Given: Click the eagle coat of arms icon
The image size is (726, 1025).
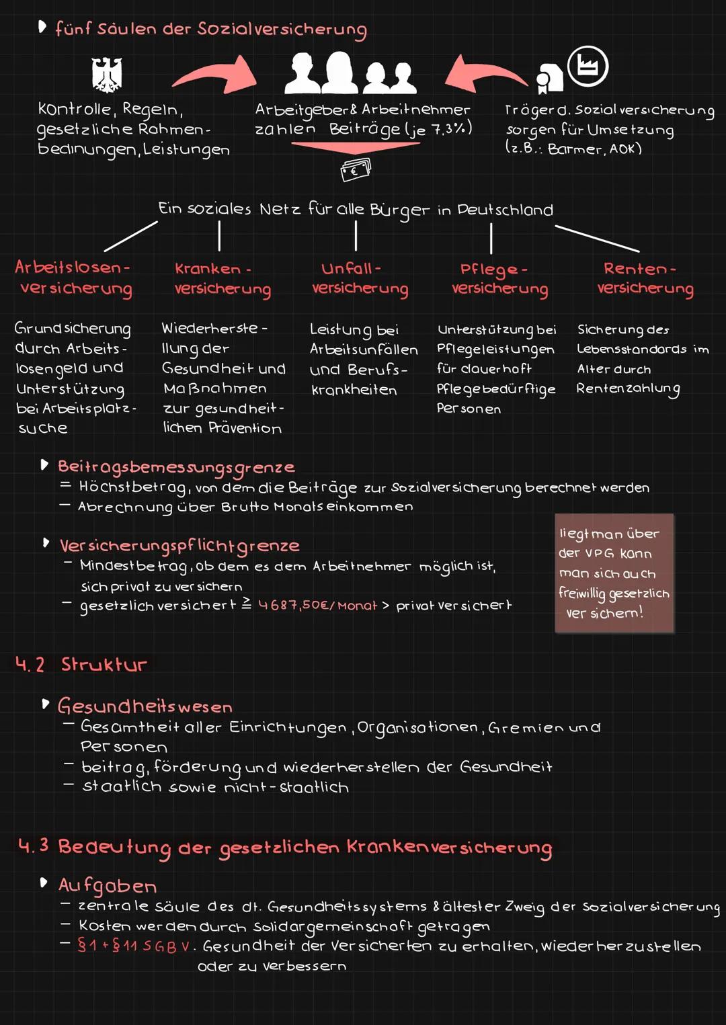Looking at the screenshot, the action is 107,75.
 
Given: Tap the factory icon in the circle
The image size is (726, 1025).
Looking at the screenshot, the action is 588,67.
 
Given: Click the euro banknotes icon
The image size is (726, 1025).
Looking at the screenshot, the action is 356,170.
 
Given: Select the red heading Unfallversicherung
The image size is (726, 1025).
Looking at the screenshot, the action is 360,279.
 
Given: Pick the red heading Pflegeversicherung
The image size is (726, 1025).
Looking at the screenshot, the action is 499,280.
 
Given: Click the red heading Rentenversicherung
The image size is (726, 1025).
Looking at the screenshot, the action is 645,279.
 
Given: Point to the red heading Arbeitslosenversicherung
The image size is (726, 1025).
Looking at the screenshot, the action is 73,279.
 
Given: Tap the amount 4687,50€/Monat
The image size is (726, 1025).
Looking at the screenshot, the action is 318,605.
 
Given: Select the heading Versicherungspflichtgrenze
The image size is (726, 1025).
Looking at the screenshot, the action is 179,546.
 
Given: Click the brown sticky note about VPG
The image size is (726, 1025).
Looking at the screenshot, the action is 614,573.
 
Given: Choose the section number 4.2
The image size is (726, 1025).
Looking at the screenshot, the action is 30,665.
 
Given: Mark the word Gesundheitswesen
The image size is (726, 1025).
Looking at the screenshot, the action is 145,706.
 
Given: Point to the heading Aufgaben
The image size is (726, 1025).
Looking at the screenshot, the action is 108,885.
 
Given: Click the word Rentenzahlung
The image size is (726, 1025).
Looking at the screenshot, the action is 628,389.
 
